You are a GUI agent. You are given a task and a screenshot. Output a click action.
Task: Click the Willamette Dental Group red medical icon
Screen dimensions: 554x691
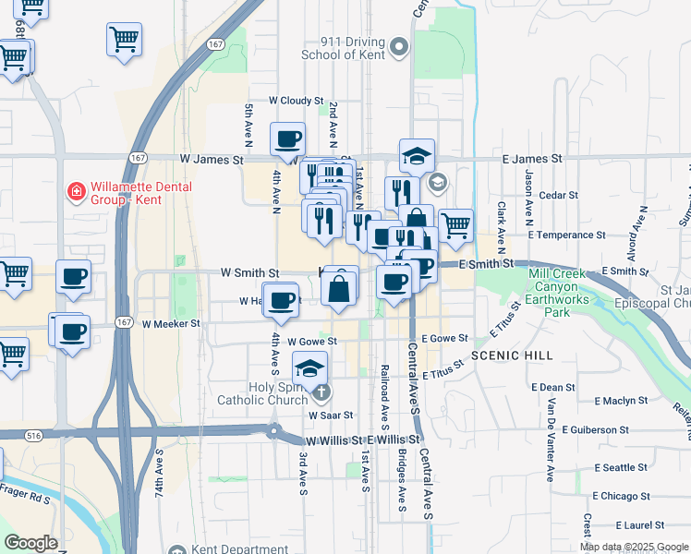point(76,193)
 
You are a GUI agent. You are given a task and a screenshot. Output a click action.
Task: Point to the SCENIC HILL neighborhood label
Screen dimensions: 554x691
point(512,355)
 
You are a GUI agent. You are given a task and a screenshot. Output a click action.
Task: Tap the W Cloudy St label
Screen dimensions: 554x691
point(296,101)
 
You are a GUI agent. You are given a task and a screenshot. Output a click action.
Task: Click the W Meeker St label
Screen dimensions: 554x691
point(171,324)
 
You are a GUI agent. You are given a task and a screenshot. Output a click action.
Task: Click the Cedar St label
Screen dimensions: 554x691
point(558,196)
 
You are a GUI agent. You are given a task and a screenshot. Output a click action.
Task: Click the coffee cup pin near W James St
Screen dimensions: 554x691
point(287,138)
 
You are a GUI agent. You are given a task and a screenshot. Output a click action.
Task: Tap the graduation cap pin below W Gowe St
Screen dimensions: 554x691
point(310,368)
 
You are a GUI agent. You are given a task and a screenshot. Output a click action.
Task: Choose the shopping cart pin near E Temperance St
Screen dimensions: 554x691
point(455,225)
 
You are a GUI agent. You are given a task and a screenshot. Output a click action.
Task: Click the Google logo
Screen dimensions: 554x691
point(31,543)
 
